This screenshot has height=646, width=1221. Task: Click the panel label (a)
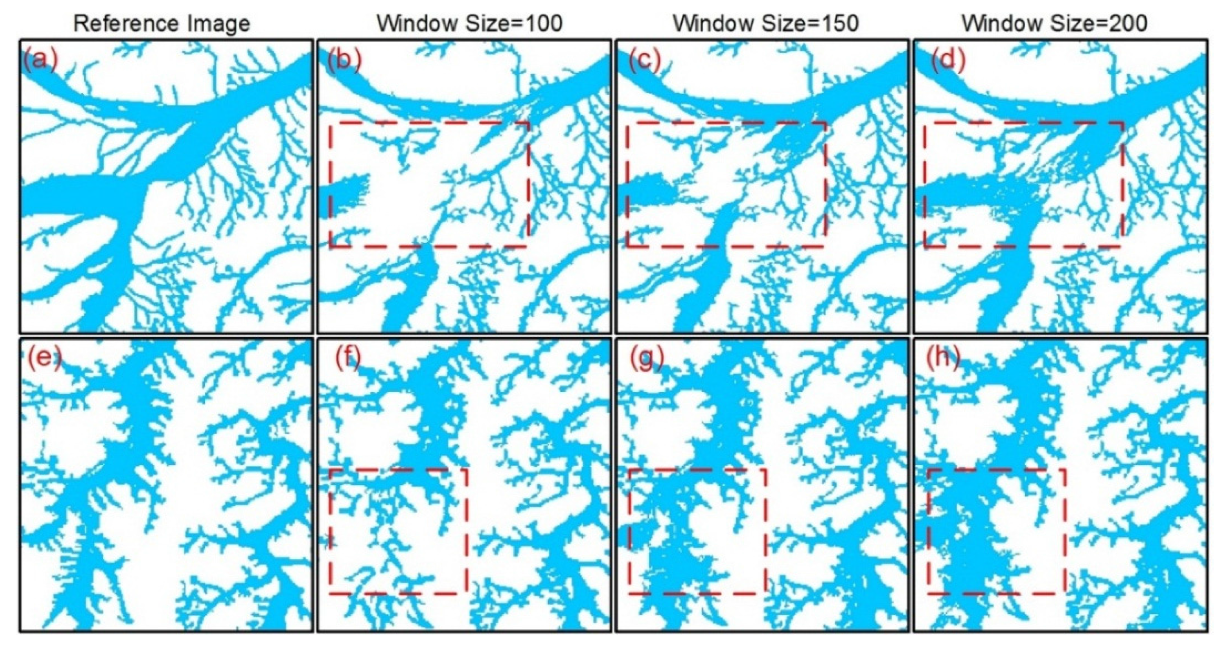pyautogui.click(x=40, y=62)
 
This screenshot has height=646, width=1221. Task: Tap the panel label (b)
pyautogui.click(x=344, y=62)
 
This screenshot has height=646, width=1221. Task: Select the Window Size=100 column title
pyautogui.click(x=469, y=23)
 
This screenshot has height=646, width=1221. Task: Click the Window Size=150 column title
pyautogui.click(x=766, y=23)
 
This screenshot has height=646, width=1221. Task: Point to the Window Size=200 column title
pyautogui.click(x=1055, y=23)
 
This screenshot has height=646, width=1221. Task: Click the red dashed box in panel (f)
pyautogui.click(x=398, y=469)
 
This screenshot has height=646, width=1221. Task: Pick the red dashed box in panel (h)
pyautogui.click(x=995, y=469)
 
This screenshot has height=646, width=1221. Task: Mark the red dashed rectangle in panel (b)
pyautogui.click(x=429, y=123)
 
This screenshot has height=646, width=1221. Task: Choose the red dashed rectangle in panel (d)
pyautogui.click(x=1024, y=123)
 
